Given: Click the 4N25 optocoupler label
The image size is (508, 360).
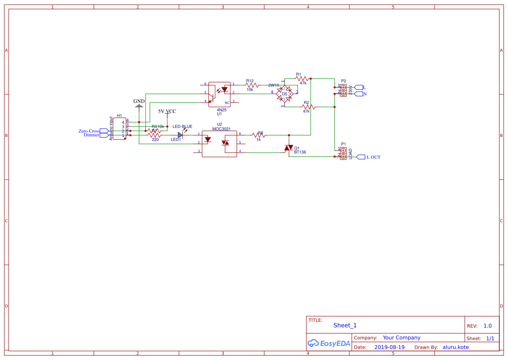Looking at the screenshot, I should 222,110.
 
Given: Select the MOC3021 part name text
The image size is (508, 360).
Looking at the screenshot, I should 221,129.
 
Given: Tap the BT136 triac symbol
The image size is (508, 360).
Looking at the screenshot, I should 288,148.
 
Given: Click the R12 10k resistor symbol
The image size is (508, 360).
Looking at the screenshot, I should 251,85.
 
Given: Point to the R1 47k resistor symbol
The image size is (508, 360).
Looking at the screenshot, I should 301,79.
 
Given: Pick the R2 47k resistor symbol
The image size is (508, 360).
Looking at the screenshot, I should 308,107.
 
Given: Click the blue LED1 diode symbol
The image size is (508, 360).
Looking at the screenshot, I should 180,135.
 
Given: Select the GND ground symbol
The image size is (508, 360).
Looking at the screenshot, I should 139,105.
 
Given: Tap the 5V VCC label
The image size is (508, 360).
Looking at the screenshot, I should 167,111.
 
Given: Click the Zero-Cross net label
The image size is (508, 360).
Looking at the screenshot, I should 89,131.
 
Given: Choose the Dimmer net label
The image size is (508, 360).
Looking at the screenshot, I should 91,135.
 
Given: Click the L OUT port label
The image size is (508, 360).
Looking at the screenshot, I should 373,157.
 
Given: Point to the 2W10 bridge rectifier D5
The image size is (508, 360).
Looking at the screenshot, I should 285,93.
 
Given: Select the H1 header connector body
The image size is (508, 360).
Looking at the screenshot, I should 120,129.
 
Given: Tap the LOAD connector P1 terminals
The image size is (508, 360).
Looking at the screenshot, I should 343,153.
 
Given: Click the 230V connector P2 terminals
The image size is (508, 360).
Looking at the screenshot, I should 343,90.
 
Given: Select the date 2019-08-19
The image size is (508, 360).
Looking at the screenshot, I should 389,347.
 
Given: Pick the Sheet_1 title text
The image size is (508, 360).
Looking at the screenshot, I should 345,325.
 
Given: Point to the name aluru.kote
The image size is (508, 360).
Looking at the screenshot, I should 455,347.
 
